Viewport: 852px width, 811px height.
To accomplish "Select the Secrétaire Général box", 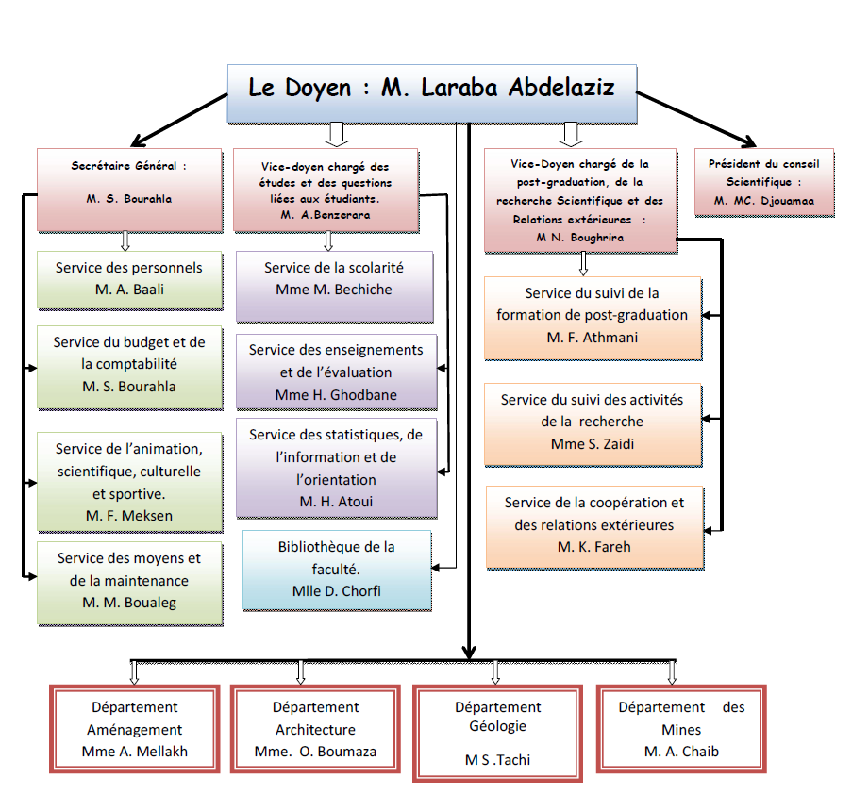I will click(128, 190).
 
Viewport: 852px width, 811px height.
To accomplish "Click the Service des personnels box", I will click(129, 279).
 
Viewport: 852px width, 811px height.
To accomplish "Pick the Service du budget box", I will click(129, 367).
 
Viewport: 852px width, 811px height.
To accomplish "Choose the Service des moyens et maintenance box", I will click(129, 583).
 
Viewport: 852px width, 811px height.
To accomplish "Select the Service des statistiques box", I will click(337, 469).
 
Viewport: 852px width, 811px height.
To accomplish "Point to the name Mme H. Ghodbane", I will click(336, 395).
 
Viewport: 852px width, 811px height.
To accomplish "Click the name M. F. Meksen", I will click(128, 515).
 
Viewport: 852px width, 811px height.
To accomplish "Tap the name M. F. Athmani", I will click(593, 337).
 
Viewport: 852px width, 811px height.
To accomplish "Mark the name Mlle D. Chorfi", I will click(337, 591).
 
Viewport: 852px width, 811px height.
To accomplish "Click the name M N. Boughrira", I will click(580, 238).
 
